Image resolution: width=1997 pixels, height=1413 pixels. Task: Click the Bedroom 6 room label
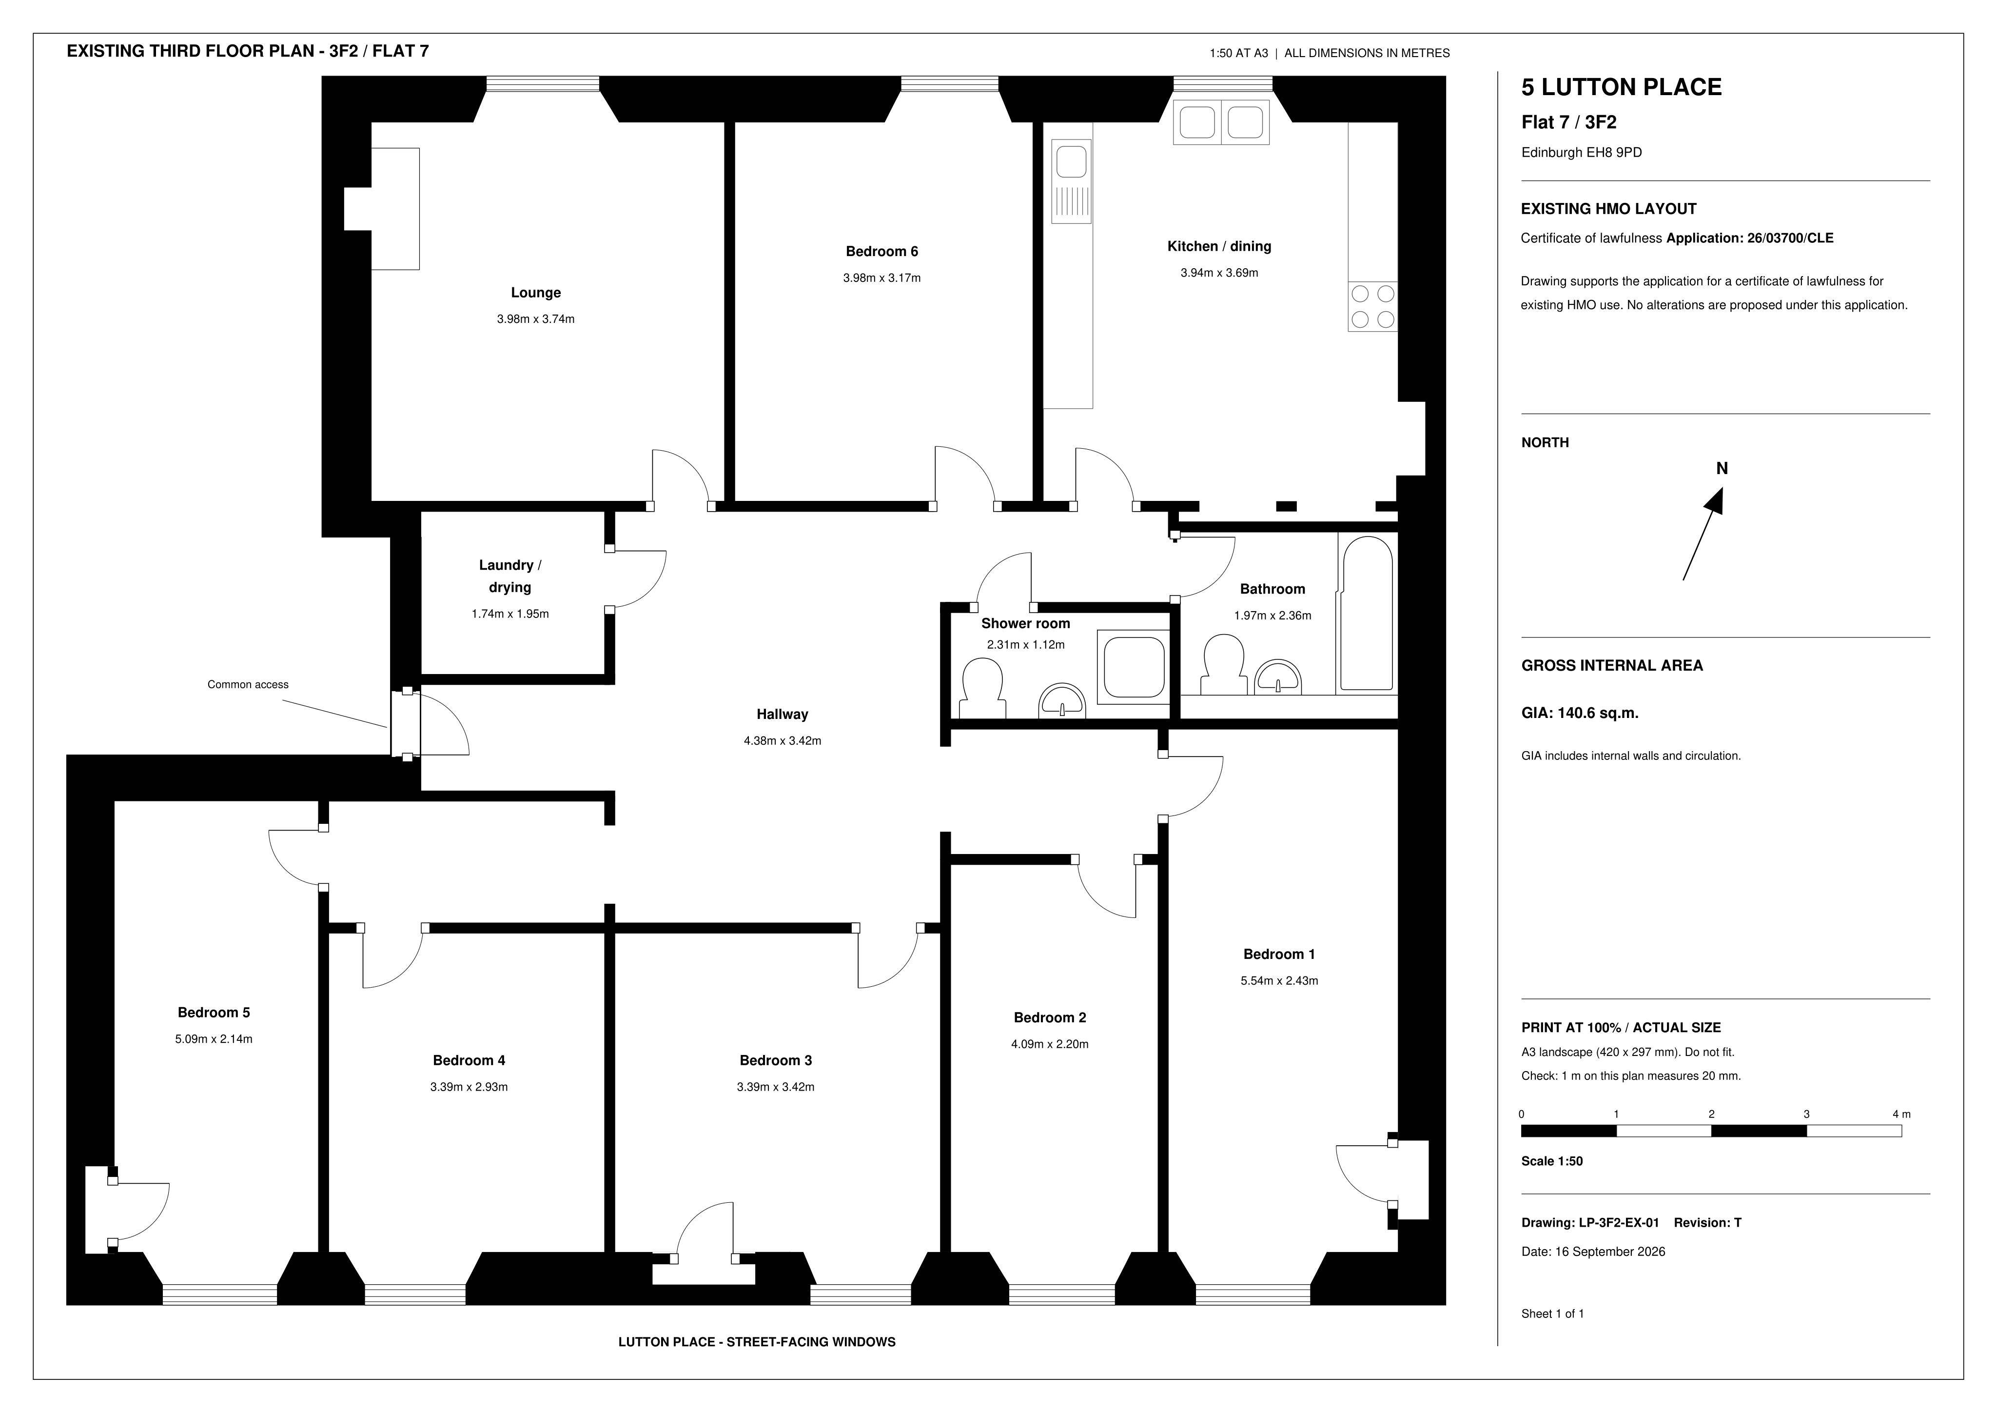[x=881, y=252]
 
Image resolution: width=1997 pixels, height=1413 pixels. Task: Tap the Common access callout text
[x=248, y=685]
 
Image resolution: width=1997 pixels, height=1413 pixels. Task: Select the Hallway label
[x=782, y=715]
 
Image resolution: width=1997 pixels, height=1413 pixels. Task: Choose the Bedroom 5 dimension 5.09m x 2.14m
[x=214, y=1039]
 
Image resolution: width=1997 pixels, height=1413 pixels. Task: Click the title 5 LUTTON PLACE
[x=1621, y=87]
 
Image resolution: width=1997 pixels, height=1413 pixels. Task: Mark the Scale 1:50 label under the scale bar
[x=1552, y=1161]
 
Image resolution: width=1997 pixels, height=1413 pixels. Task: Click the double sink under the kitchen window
[x=1221, y=122]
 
